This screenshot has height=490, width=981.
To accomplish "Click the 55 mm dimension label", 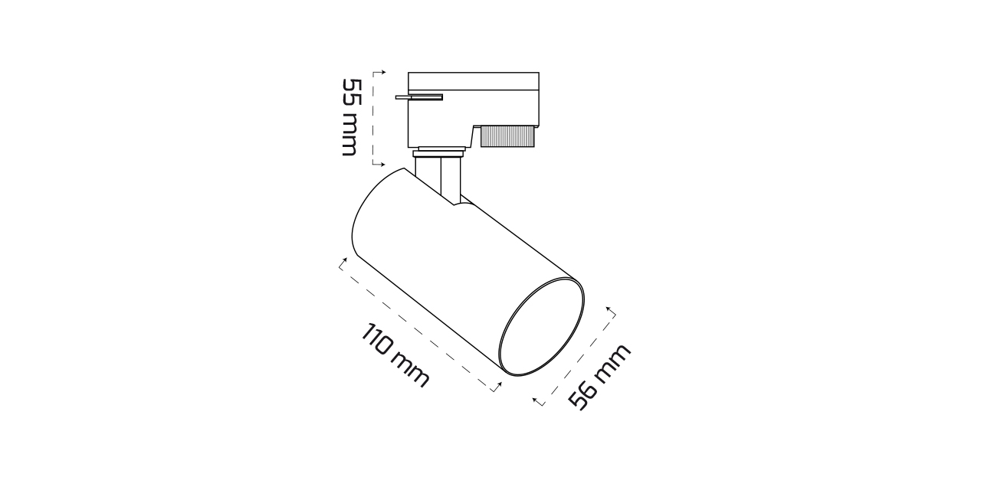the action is tap(351, 117).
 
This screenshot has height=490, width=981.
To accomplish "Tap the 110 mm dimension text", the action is tap(395, 356).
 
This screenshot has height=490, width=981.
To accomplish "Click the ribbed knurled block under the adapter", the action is tap(507, 136).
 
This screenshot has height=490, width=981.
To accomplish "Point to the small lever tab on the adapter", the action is tap(419, 97).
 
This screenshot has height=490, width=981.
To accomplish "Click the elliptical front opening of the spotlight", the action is tap(541, 326).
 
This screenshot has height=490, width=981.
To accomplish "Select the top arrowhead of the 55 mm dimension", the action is tap(383, 72).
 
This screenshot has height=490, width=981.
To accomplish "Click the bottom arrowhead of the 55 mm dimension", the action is tap(382, 165).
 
